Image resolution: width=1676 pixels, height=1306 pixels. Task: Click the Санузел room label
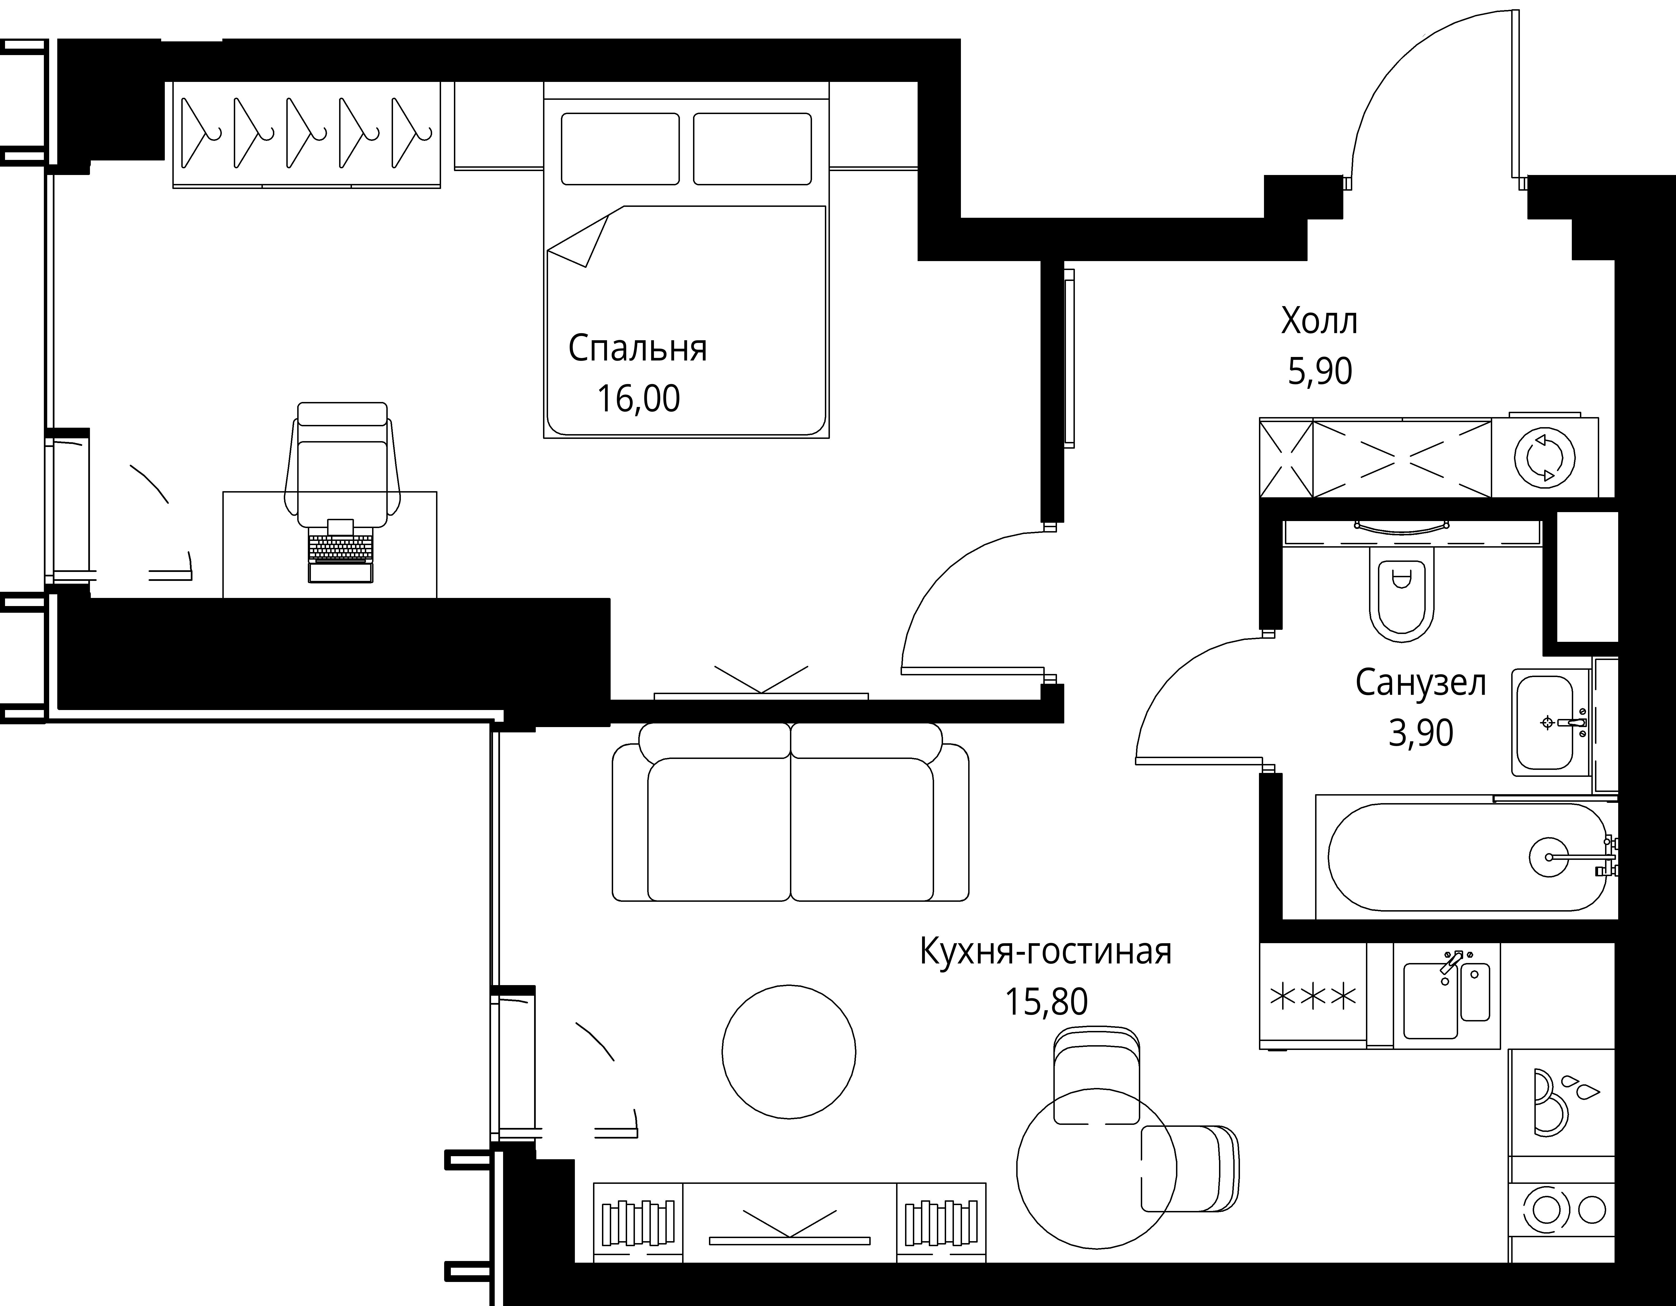[x=1420, y=683]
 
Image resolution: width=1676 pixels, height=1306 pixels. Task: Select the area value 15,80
[x=1046, y=1002]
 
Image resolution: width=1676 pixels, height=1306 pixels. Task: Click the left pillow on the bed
[x=620, y=149]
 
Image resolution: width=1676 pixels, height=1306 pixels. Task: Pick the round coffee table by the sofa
[x=789, y=1052]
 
